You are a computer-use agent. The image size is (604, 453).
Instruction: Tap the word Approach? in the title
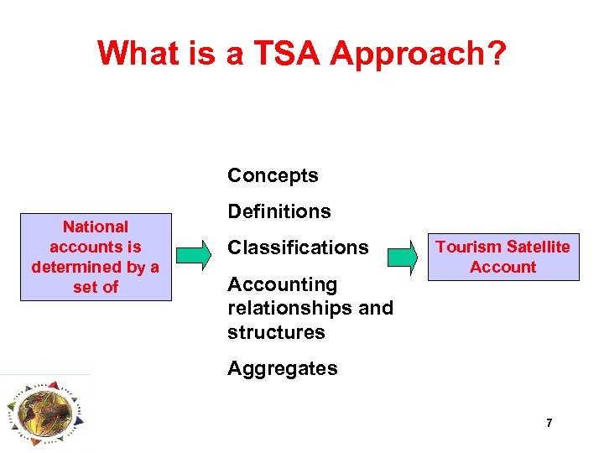[x=418, y=54]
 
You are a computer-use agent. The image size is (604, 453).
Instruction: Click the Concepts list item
[x=273, y=175]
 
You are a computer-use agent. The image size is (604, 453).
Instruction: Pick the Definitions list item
[x=279, y=211]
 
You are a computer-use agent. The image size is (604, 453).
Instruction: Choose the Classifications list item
[x=298, y=247]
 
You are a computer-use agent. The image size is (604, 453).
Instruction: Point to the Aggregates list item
[x=282, y=368]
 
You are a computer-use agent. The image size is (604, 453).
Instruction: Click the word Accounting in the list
[x=282, y=284]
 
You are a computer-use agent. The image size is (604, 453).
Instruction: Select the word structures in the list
[x=276, y=331]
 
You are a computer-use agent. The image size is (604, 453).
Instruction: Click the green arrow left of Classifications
[x=195, y=256]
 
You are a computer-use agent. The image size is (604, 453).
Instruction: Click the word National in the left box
[x=96, y=226]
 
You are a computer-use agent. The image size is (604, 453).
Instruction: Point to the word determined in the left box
[x=76, y=267]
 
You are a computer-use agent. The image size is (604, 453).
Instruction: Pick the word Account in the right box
[x=502, y=267]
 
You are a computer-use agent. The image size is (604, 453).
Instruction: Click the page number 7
[x=549, y=424]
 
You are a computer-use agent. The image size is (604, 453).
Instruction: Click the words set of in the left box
[x=96, y=287]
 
